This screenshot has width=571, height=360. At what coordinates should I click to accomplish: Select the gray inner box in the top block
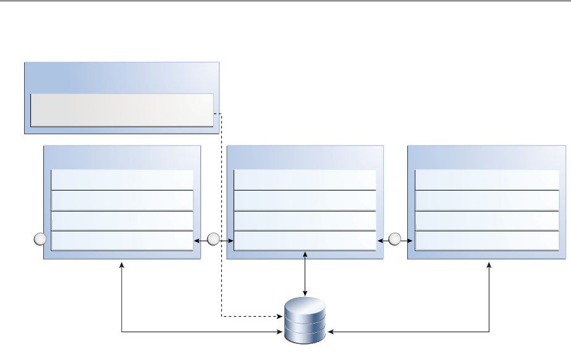(x=122, y=110)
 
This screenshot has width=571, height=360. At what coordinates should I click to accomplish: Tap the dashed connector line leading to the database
(x=221, y=216)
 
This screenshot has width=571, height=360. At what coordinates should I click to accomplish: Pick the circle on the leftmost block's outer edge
(x=40, y=239)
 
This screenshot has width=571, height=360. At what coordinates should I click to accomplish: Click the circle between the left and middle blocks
(x=214, y=239)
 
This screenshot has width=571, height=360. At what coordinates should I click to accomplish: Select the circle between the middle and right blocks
(x=395, y=239)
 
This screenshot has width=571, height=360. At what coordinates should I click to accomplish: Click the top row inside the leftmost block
(x=122, y=179)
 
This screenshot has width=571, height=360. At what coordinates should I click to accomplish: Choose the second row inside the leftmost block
(x=122, y=200)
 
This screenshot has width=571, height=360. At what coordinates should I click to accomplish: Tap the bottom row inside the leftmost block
(x=122, y=240)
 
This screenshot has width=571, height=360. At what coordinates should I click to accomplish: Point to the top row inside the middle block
(x=305, y=179)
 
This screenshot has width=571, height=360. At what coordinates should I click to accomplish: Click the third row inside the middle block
(x=305, y=220)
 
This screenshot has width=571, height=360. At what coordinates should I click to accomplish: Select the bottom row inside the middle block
(x=305, y=240)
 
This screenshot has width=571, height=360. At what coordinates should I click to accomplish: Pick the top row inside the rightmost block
(x=487, y=179)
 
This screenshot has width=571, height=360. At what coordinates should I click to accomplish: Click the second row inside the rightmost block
(x=487, y=200)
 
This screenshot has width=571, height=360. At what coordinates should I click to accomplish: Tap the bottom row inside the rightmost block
(x=487, y=240)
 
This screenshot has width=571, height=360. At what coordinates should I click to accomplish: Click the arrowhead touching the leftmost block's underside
(x=122, y=264)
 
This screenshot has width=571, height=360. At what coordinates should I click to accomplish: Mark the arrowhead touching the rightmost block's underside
(x=489, y=264)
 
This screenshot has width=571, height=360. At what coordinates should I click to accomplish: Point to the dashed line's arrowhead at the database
(x=280, y=317)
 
